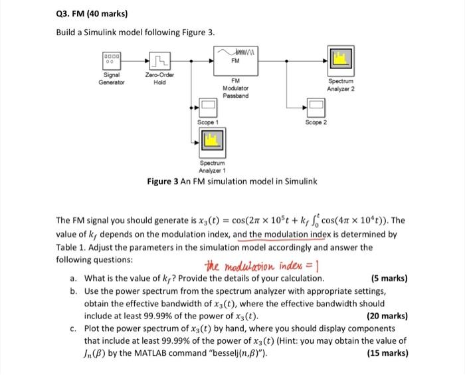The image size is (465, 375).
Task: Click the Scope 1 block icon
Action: (208, 106)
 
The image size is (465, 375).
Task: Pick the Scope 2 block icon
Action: (315, 106)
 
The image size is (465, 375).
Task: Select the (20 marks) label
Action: (387, 316)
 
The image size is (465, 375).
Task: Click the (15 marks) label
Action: (387, 353)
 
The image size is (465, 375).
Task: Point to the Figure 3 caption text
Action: (232, 181)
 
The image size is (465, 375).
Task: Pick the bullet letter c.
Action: (72, 328)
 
